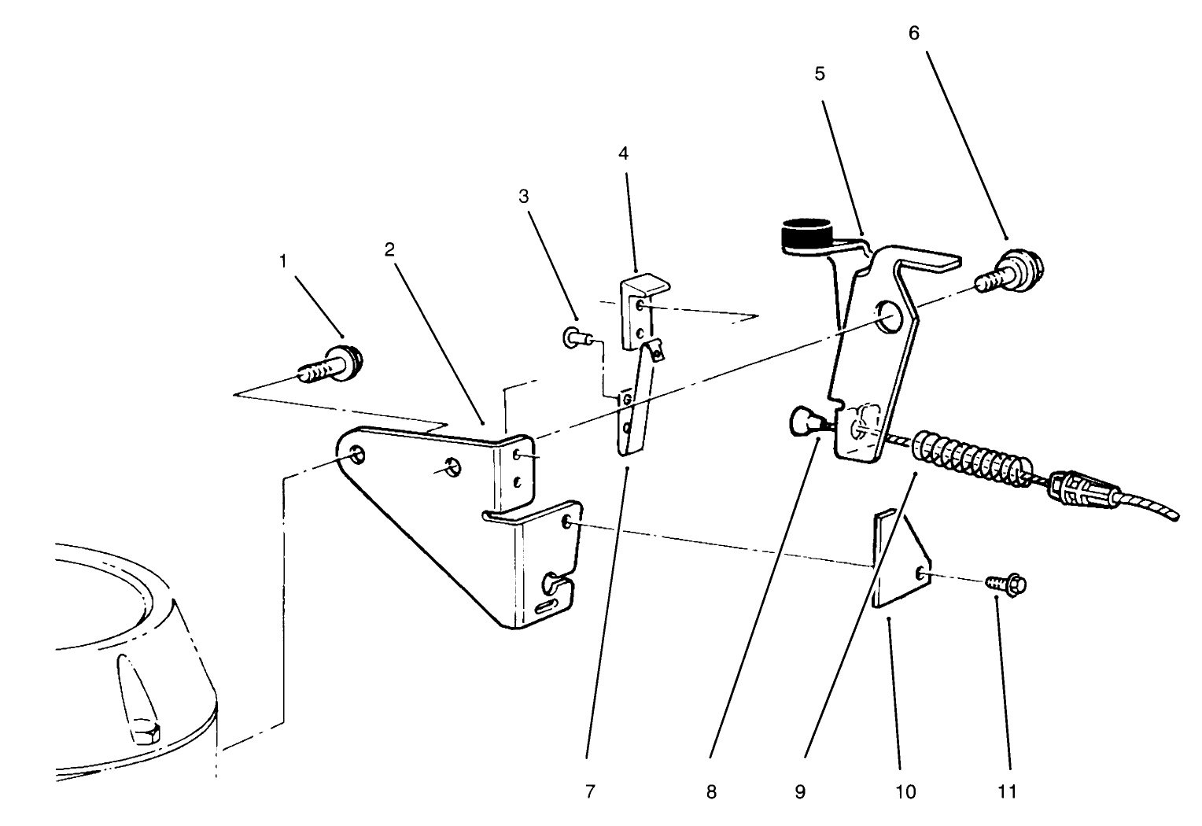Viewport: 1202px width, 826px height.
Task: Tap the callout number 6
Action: [x=913, y=34]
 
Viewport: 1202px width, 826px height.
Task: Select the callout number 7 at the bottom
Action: [x=590, y=791]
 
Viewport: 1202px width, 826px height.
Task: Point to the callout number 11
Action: [x=1008, y=791]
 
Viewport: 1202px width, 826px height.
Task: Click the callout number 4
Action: [x=623, y=153]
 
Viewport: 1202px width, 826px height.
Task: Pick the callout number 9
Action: [x=799, y=791]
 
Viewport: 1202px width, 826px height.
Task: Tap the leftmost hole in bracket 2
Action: [x=356, y=455]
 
